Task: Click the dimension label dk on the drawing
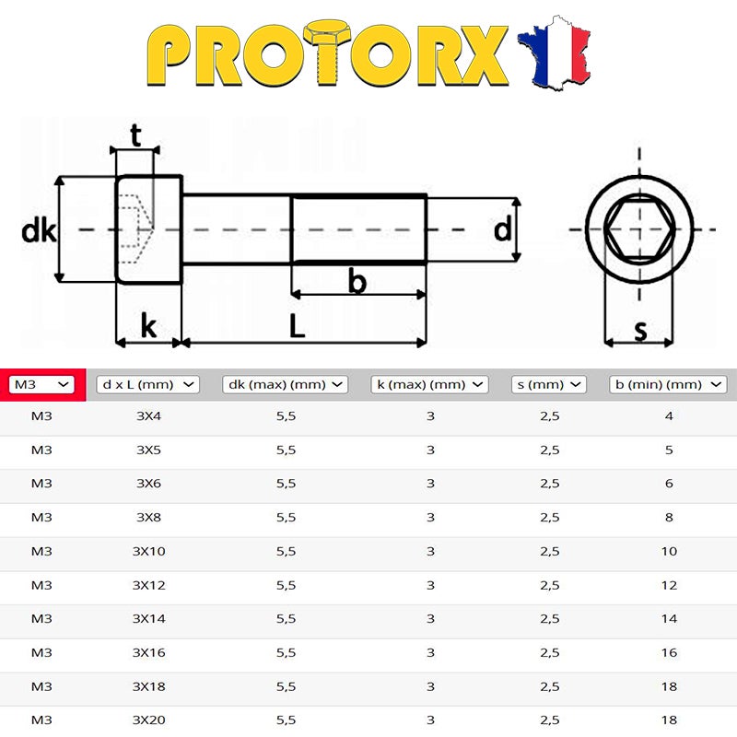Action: [x=39, y=230]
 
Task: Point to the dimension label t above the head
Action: [x=135, y=135]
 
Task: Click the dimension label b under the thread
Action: [x=357, y=281]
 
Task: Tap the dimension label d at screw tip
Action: [x=502, y=228]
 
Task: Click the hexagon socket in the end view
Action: [x=638, y=228]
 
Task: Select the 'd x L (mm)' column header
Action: [x=147, y=383]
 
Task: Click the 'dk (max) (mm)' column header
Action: [x=285, y=383]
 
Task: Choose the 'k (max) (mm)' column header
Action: [x=429, y=383]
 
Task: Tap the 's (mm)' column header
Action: [x=549, y=383]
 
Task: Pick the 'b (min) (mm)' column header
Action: [x=668, y=383]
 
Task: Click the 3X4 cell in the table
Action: [x=147, y=416]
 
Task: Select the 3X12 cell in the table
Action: [x=147, y=585]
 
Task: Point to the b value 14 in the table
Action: [x=669, y=619]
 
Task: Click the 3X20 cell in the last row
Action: [x=147, y=720]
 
